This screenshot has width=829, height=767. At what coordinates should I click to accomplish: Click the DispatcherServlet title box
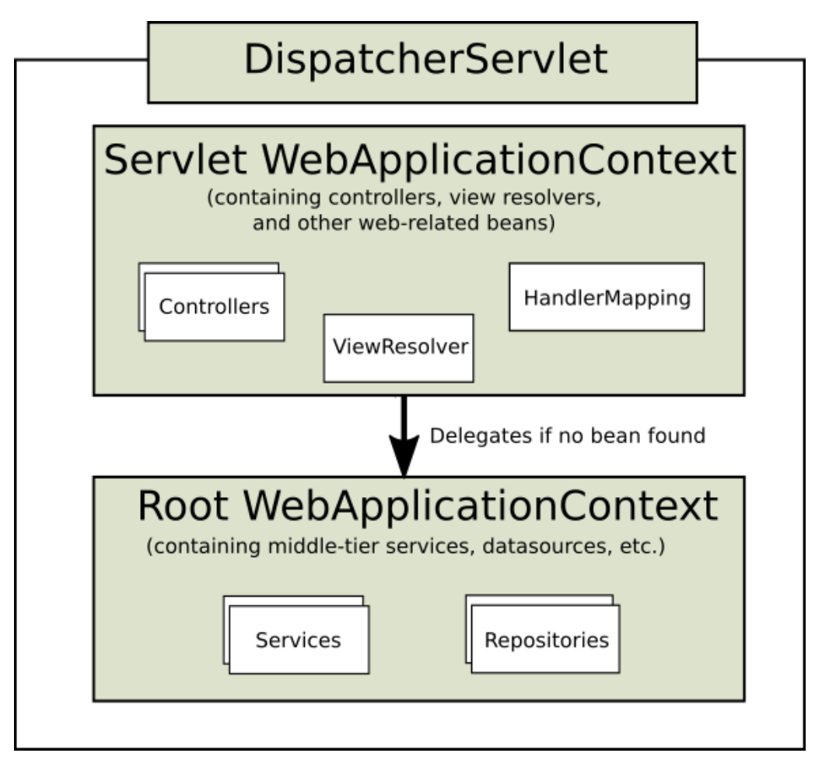pyautogui.click(x=422, y=62)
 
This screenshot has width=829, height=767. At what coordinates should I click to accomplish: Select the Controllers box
pyautogui.click(x=214, y=306)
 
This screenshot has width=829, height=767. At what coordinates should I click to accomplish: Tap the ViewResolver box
pyautogui.click(x=399, y=348)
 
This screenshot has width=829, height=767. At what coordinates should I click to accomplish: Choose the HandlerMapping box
pyautogui.click(x=607, y=296)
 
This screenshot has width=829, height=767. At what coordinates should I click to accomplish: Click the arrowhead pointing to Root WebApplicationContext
pyautogui.click(x=404, y=456)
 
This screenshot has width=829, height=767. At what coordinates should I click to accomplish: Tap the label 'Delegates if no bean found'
pyautogui.click(x=568, y=436)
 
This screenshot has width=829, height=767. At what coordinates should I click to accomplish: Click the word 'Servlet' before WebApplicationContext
pyautogui.click(x=176, y=159)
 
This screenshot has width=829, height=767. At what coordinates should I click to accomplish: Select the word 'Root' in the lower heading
pyautogui.click(x=183, y=506)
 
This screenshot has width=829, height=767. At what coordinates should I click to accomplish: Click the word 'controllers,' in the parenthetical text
pyautogui.click(x=386, y=198)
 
